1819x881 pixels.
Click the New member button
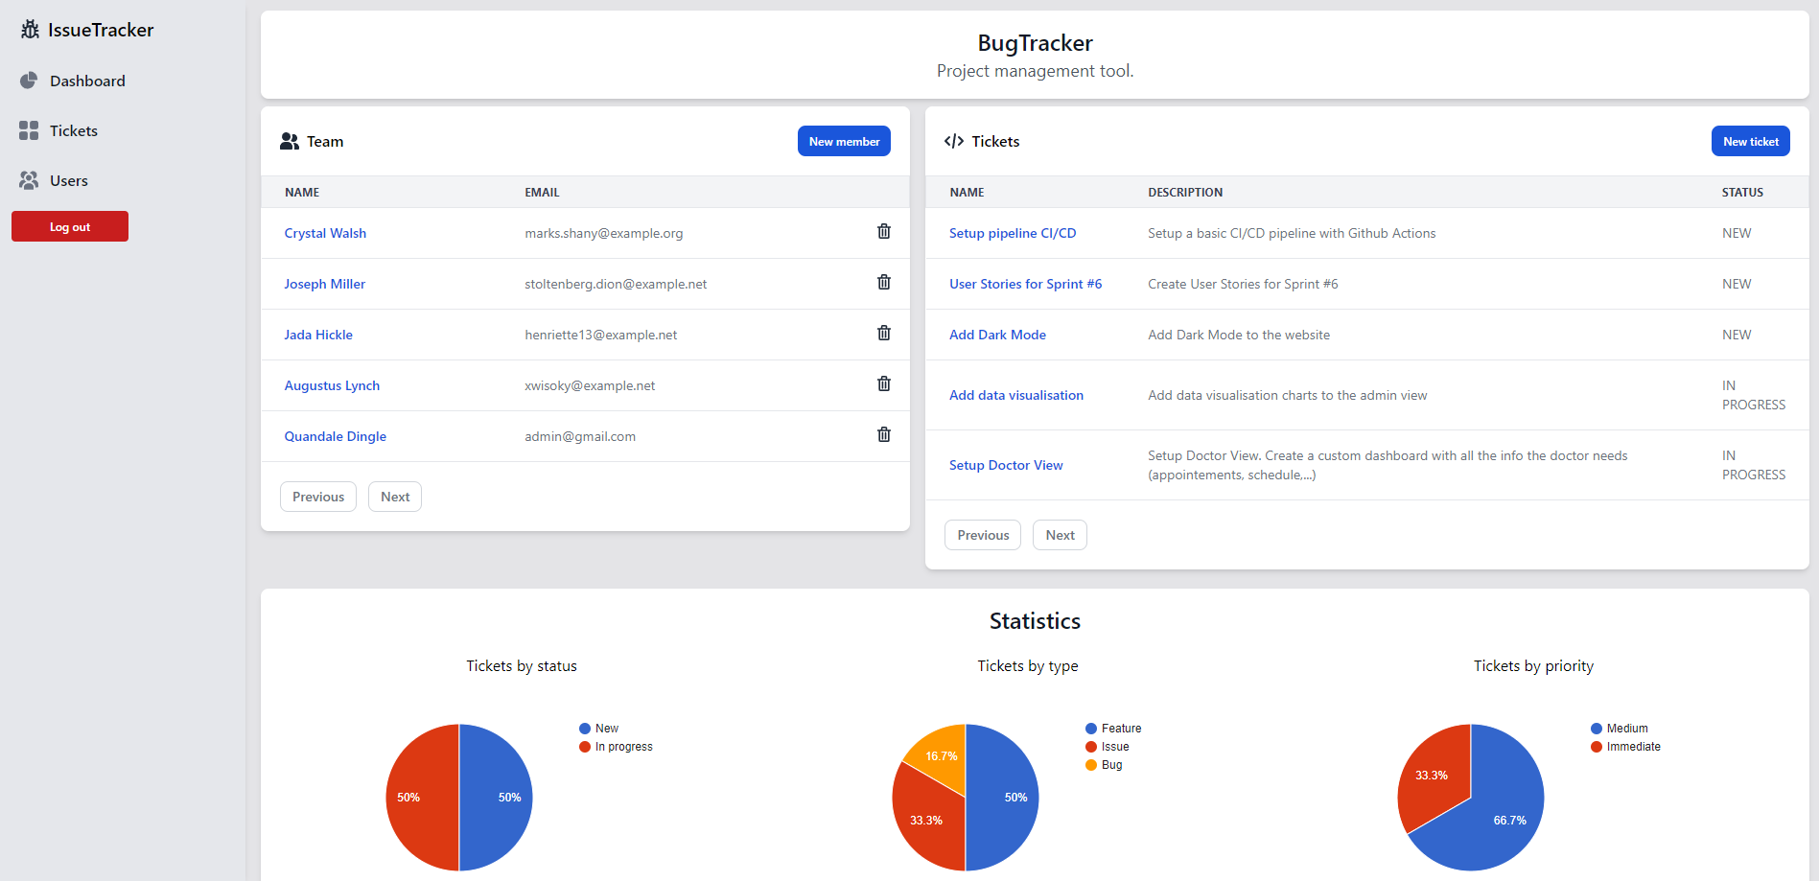(844, 141)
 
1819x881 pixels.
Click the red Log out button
(70, 227)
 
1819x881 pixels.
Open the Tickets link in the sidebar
(73, 130)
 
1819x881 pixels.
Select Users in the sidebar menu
(68, 180)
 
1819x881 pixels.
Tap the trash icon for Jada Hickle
(884, 333)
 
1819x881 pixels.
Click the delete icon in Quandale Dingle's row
(884, 434)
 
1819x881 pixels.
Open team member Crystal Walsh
(325, 233)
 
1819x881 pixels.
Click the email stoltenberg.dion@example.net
(616, 284)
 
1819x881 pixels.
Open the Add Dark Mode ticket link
(997, 335)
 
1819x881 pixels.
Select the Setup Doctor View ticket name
(1006, 465)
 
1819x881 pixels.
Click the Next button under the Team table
(395, 497)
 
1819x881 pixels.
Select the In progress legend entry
(623, 747)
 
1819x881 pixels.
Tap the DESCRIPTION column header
(1185, 192)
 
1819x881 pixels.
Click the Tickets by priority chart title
(1533, 666)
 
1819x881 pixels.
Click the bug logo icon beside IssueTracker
(30, 30)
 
